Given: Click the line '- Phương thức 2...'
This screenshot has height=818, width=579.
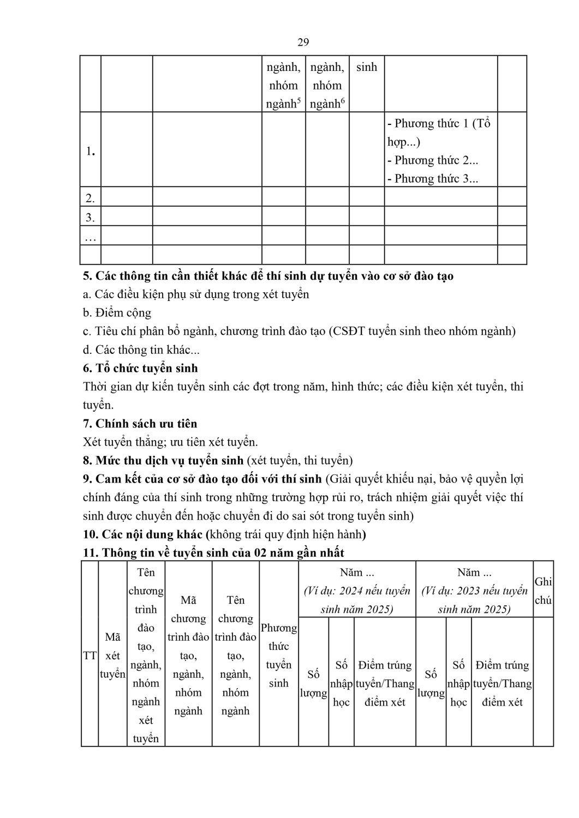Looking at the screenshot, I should tap(432, 160).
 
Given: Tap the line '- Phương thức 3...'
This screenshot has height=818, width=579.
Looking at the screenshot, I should tap(432, 179).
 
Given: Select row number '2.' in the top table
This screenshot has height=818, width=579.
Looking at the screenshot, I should tap(90, 197).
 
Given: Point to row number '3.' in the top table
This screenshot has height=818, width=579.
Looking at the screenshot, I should tap(90, 218).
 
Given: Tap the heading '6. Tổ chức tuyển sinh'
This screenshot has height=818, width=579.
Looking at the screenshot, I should tap(140, 368).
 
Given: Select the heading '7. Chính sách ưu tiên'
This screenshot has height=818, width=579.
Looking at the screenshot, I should tap(140, 424).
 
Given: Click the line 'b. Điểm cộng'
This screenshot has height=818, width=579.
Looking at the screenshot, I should tap(117, 312).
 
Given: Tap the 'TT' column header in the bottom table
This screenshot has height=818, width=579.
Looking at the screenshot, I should tap(89, 655).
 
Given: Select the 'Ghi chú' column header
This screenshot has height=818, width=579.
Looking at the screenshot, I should tap(543, 591).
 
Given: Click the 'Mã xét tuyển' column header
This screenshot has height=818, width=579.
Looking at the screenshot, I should tap(112, 655).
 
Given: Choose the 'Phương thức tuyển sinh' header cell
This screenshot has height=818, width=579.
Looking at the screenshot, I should tap(278, 655).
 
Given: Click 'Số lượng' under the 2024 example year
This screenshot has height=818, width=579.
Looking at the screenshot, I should tap(313, 683).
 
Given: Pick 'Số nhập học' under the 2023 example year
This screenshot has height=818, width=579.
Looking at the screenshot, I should tap(458, 683).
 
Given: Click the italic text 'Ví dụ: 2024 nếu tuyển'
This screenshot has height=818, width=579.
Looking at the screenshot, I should tap(357, 591).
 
